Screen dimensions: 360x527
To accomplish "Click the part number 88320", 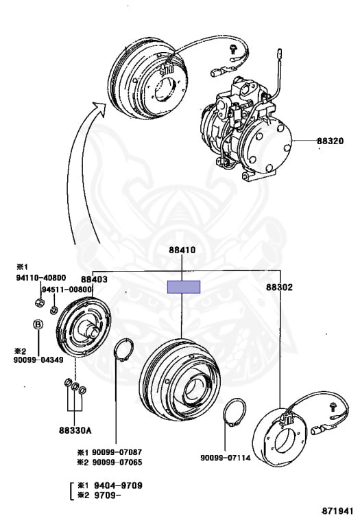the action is pyautogui.click(x=331, y=141).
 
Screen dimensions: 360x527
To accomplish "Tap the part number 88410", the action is pyautogui.click(x=182, y=250).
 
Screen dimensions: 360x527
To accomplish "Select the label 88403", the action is pyautogui.click(x=94, y=279).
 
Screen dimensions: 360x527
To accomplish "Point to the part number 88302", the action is pyautogui.click(x=279, y=287).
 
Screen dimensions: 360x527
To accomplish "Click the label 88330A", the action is pyautogui.click(x=75, y=430).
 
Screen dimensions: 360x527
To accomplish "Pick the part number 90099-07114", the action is pyautogui.click(x=226, y=458).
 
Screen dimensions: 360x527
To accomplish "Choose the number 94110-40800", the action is pyautogui.click(x=41, y=278).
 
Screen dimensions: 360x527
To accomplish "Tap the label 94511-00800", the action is pyautogui.click(x=67, y=290).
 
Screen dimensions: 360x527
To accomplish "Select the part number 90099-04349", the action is pyautogui.click(x=38, y=360).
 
